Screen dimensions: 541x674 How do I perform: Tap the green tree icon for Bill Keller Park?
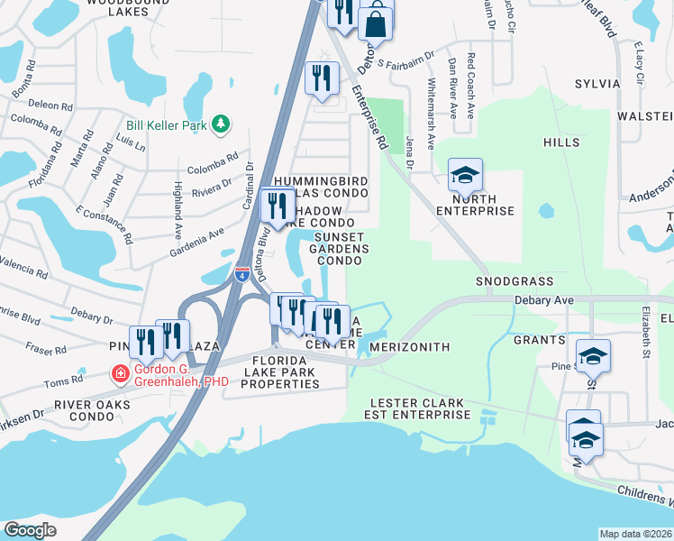pos(220,124)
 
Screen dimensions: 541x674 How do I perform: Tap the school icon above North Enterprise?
pos(466,175)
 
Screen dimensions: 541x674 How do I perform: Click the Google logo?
pos(29,530)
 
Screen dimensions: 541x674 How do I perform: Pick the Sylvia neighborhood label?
pos(597,84)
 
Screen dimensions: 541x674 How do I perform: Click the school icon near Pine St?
pos(592,356)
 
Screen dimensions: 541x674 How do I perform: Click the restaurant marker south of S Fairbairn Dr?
pos(321,78)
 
